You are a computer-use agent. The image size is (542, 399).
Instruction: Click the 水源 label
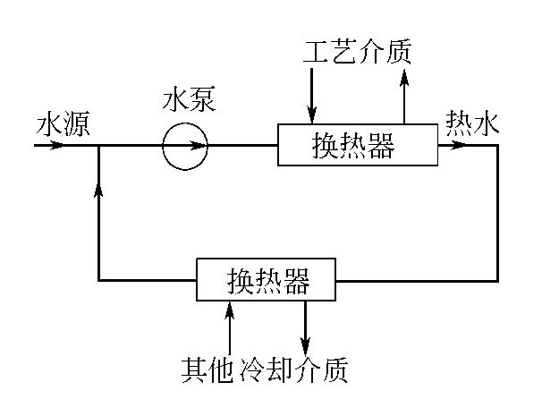point(59,124)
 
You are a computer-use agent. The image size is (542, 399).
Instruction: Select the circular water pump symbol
point(185,145)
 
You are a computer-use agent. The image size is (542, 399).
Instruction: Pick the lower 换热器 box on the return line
point(268,281)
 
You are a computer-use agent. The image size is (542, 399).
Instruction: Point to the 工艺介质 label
point(357,53)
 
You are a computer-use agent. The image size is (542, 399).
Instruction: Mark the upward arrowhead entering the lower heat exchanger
point(231,310)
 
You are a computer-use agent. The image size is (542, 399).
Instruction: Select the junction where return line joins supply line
point(98,145)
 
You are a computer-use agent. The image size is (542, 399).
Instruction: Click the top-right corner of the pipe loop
point(496,145)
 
